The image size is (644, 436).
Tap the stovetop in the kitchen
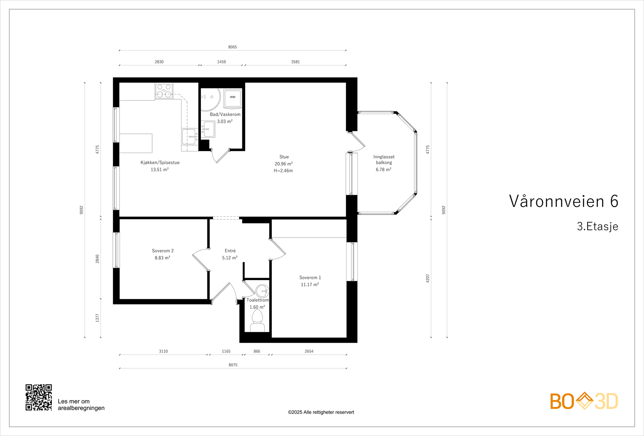point(164,91)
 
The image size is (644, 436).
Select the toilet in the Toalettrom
point(257,321)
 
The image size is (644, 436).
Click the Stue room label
point(284,157)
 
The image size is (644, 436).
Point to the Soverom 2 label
point(163,251)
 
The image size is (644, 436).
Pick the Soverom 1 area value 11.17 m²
point(310,285)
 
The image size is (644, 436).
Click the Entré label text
point(230,251)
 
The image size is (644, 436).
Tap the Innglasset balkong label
point(384,160)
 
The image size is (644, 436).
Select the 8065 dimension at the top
point(233,47)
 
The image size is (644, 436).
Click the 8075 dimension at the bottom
point(233,365)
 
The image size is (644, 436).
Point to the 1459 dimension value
point(221,62)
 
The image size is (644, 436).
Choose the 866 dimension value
point(257,351)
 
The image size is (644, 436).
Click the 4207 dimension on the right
point(427,278)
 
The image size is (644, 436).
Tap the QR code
point(39,397)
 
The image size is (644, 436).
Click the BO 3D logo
point(584,401)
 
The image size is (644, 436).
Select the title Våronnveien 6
point(563,201)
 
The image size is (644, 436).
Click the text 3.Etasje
point(597,226)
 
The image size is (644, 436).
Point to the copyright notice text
point(321,412)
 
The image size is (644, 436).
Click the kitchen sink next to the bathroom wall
point(190,136)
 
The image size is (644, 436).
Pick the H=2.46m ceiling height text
point(283,170)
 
